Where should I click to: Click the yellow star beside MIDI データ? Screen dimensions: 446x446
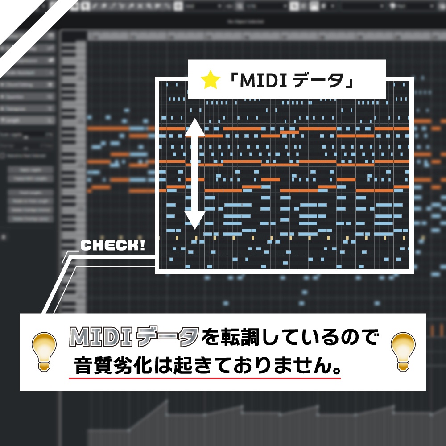coord(211,80)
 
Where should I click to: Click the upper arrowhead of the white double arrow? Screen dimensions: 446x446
coord(194,128)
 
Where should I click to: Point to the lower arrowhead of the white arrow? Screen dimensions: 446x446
coord(194,219)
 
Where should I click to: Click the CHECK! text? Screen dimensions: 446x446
coord(112,245)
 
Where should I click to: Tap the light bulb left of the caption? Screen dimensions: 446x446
coord(44,351)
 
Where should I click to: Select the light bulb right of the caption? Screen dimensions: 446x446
coord(402,351)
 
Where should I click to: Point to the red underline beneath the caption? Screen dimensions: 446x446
coord(205,378)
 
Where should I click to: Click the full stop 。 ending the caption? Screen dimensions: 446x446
coord(337,368)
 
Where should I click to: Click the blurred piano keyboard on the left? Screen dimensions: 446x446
coord(74,178)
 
